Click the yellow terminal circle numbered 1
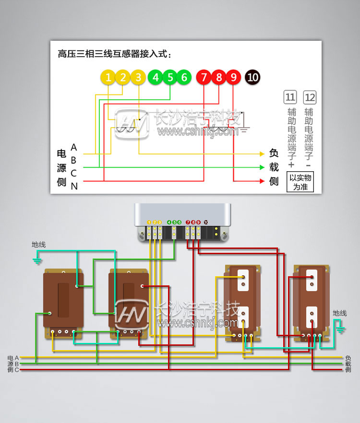tap(108, 77)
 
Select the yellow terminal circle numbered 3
tap(138, 77)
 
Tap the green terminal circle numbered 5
tap(169, 77)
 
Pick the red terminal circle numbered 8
tap(219, 77)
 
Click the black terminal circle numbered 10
tap(252, 77)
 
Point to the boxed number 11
tap(290, 98)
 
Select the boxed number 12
tap(310, 98)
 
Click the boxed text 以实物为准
tap(300, 182)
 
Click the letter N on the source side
tap(74, 186)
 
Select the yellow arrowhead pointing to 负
tap(262, 154)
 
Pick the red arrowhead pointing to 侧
tap(262, 181)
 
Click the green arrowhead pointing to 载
tap(262, 167)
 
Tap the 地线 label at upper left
tap(39, 245)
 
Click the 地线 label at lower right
tap(339, 313)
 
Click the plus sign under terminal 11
tap(291, 165)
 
